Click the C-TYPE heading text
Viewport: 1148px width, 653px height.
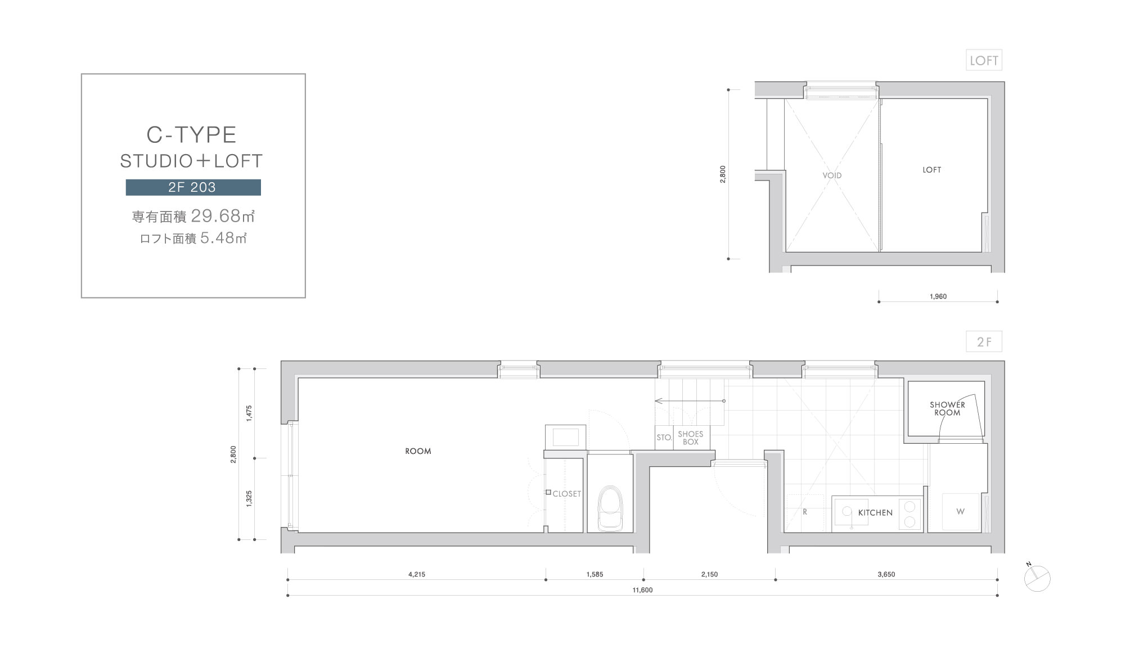(x=191, y=135)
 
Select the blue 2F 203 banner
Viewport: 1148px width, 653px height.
(x=193, y=187)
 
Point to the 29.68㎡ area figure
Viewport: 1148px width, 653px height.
(x=223, y=215)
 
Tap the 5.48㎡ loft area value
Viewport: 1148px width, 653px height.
(x=224, y=238)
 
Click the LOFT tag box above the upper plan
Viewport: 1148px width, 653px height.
(x=984, y=60)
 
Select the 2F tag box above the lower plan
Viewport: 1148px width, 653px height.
(x=984, y=341)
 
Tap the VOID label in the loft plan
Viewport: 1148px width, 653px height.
(x=832, y=175)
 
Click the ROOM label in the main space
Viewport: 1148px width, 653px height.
(x=418, y=451)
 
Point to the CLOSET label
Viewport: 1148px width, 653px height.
(x=566, y=494)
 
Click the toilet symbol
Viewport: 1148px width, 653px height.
(x=610, y=508)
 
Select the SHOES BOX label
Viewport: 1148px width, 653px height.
(x=691, y=438)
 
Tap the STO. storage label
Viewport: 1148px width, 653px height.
(x=664, y=438)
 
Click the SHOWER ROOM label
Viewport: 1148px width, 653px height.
(x=947, y=408)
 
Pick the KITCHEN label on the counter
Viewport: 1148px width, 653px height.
(x=875, y=513)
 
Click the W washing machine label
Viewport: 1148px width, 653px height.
(x=960, y=512)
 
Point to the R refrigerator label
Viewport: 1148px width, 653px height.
(x=805, y=512)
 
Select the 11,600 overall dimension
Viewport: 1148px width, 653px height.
(x=642, y=590)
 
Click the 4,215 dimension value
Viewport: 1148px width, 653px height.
(x=417, y=574)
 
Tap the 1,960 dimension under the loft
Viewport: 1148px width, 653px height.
(x=938, y=296)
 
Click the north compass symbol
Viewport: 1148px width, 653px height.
(x=1037, y=578)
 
